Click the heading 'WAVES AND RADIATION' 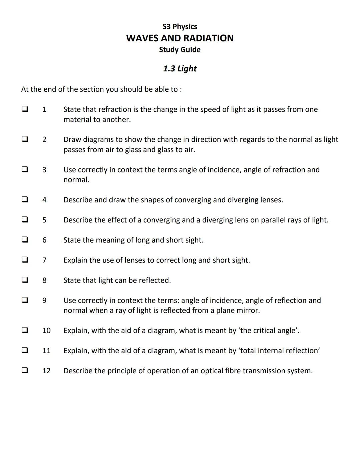click(x=180, y=38)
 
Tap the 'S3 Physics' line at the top click(x=180, y=27)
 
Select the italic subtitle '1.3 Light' click(x=180, y=68)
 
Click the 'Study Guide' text click(x=180, y=50)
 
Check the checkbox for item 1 click(x=25, y=109)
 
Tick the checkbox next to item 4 click(x=25, y=199)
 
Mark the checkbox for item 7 click(x=25, y=260)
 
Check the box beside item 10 click(x=25, y=330)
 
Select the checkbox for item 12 click(x=25, y=370)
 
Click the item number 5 click(x=44, y=220)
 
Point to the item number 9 click(x=44, y=301)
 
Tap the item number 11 click(x=46, y=351)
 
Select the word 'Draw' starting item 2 click(x=72, y=139)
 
